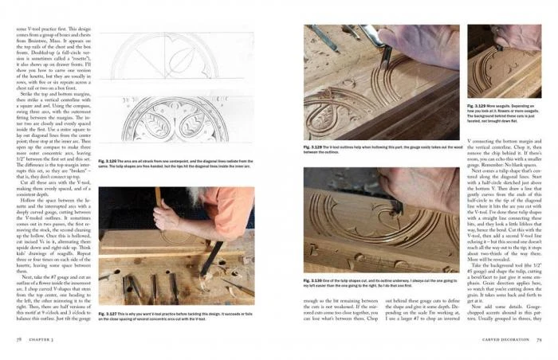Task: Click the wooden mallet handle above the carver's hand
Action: (157, 195)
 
